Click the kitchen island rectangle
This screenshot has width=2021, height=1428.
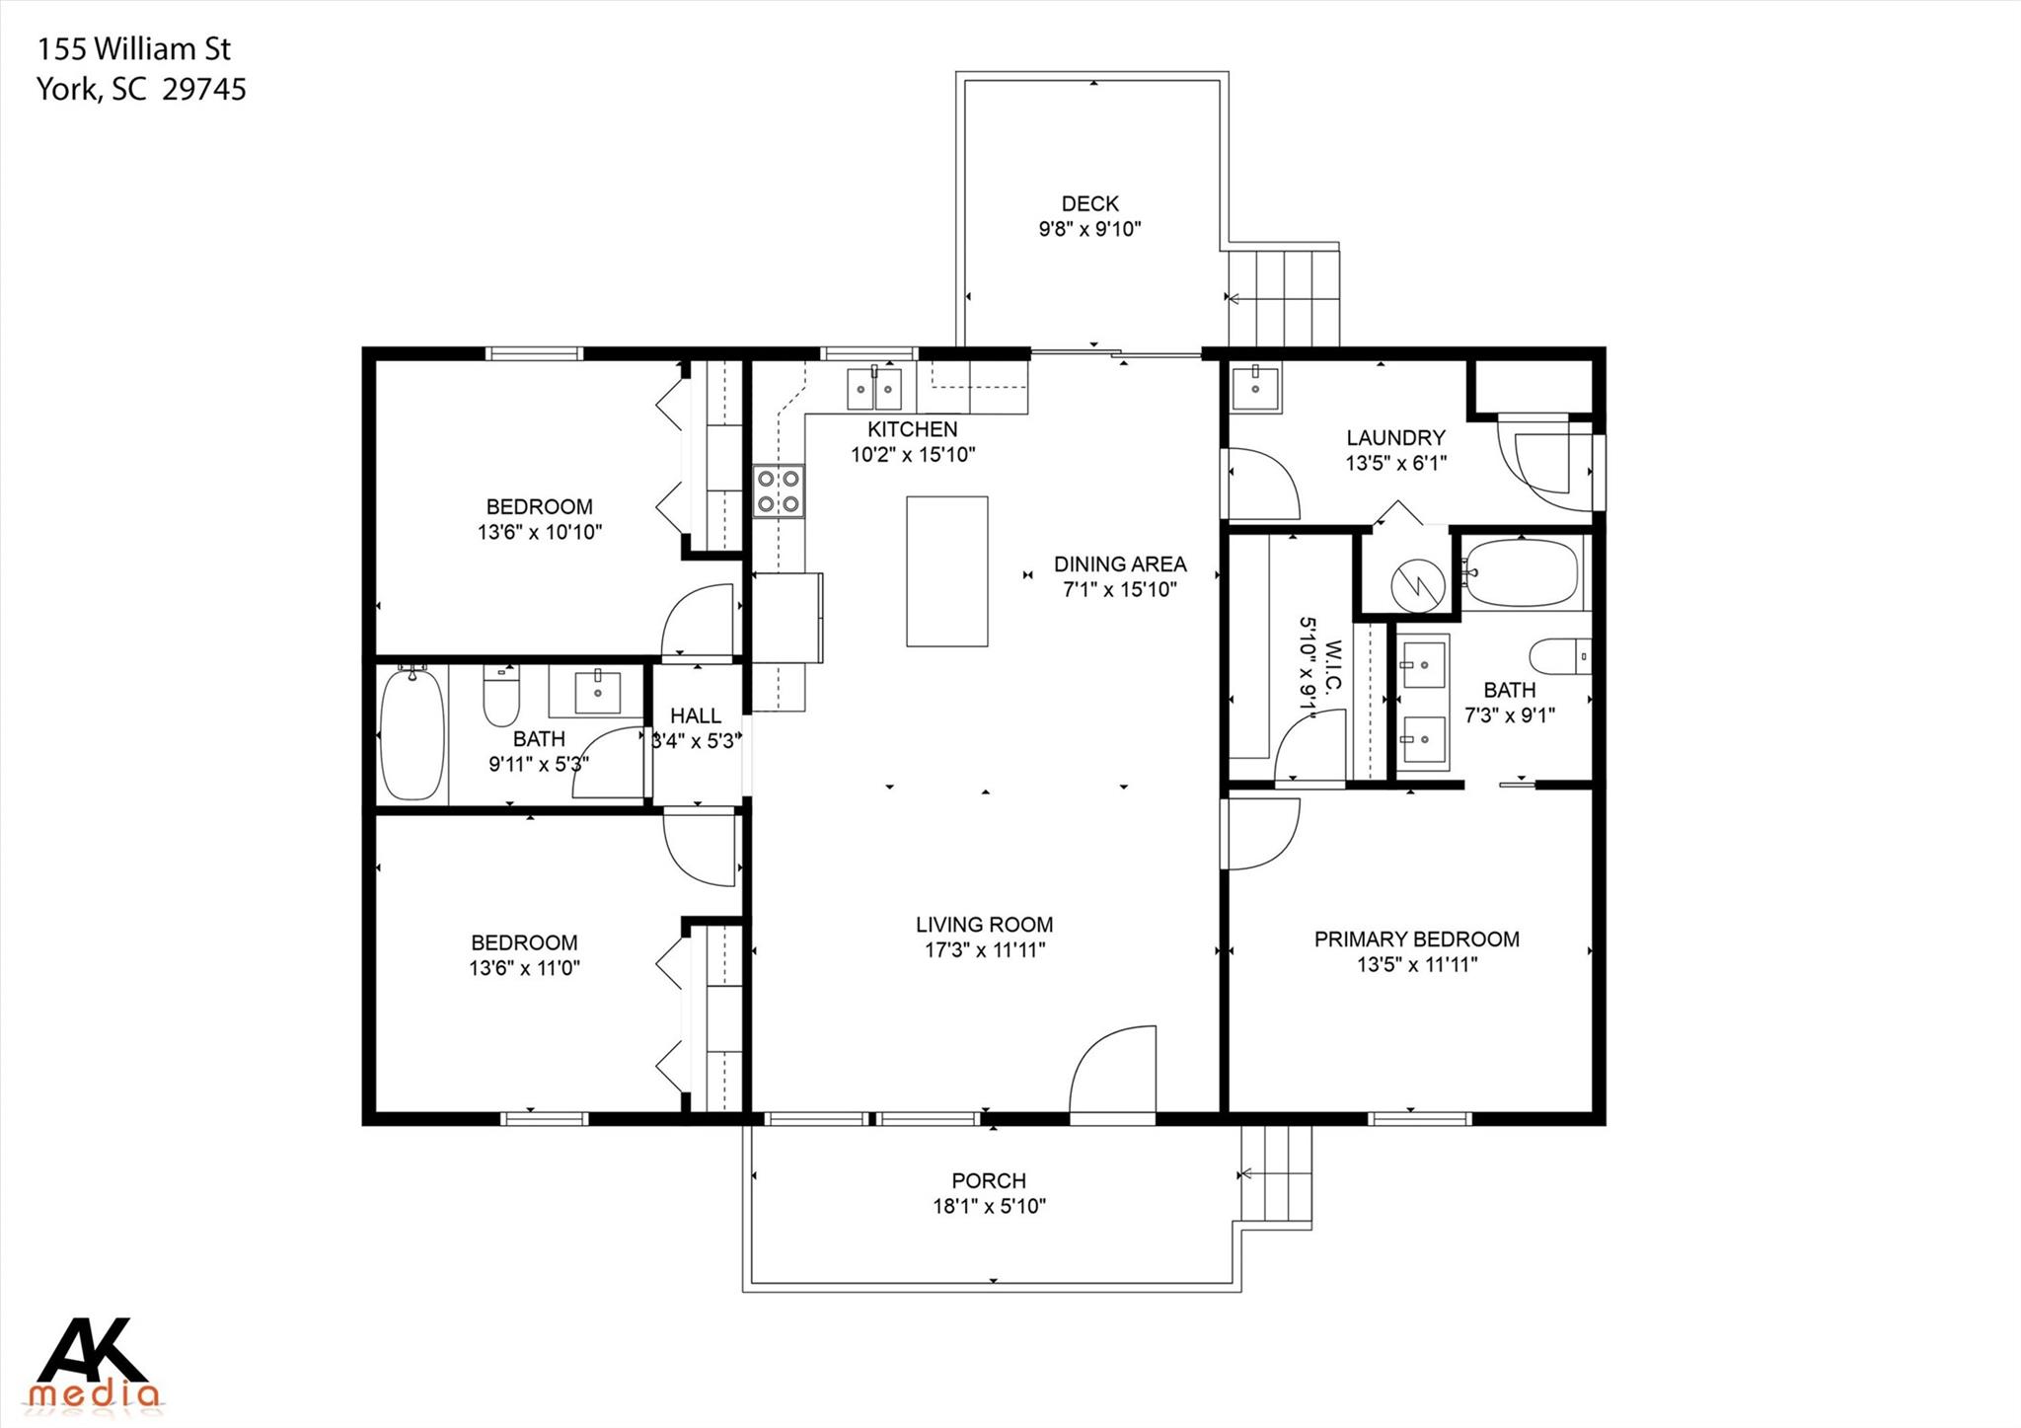click(946, 571)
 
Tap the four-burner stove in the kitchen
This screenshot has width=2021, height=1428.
click(779, 490)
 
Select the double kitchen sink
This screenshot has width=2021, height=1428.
click(874, 389)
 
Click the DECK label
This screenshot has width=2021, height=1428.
click(1089, 203)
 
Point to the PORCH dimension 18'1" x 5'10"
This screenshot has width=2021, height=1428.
click(989, 1206)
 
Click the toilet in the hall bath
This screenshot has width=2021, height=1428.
click(501, 697)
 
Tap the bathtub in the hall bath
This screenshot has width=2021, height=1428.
click(413, 733)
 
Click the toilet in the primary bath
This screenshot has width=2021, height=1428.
click(1559, 655)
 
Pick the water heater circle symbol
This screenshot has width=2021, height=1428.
click(1417, 586)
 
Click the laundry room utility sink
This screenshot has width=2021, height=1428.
click(1254, 388)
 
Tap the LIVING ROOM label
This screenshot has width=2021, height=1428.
click(984, 925)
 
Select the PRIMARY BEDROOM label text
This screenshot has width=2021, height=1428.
click(1416, 939)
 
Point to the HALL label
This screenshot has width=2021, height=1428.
click(696, 715)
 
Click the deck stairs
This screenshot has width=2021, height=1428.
click(1283, 297)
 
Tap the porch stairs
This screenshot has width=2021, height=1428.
click(1277, 1174)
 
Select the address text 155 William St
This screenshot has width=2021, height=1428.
click(134, 48)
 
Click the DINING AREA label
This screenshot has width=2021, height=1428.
click(1119, 564)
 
